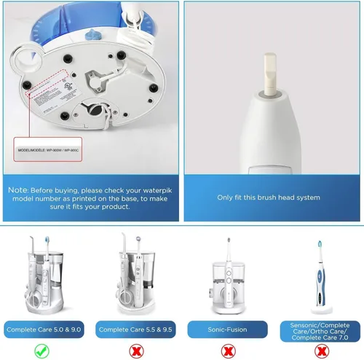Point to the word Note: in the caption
click(x=20, y=190)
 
